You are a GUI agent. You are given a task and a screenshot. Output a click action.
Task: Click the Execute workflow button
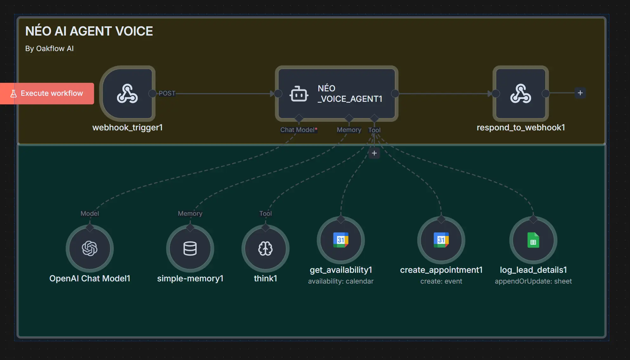tap(47, 93)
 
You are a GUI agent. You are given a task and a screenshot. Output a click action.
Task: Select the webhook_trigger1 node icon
tap(127, 94)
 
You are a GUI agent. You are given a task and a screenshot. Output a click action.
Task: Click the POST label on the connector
tap(167, 93)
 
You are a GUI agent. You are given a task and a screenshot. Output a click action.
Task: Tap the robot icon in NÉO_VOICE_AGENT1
tap(298, 94)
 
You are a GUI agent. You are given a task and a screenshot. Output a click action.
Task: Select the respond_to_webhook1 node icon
tap(521, 94)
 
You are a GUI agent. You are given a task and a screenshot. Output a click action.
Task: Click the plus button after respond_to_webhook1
tap(580, 93)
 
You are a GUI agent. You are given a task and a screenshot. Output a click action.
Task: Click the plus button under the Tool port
tap(374, 153)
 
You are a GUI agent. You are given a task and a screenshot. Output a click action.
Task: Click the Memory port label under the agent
tap(349, 130)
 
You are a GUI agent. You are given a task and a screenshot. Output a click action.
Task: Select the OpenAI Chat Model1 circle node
tap(90, 248)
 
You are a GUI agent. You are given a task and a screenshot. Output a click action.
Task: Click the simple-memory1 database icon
tap(190, 248)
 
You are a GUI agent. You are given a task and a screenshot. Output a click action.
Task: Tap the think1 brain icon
tap(265, 248)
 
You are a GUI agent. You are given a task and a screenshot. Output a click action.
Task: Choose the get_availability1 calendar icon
tap(341, 240)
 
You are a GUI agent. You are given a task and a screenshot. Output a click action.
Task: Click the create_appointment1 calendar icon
tap(441, 240)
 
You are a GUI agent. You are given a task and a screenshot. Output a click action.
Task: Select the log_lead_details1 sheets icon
tap(533, 240)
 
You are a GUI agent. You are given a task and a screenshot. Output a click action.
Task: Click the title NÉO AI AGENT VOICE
tap(89, 31)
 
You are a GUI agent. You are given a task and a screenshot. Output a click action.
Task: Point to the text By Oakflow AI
tap(49, 49)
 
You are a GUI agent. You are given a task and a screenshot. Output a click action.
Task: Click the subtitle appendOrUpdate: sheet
tap(533, 281)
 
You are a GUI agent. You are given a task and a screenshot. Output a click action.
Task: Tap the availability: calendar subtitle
tap(341, 281)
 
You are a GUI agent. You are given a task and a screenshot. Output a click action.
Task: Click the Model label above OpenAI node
tap(90, 213)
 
